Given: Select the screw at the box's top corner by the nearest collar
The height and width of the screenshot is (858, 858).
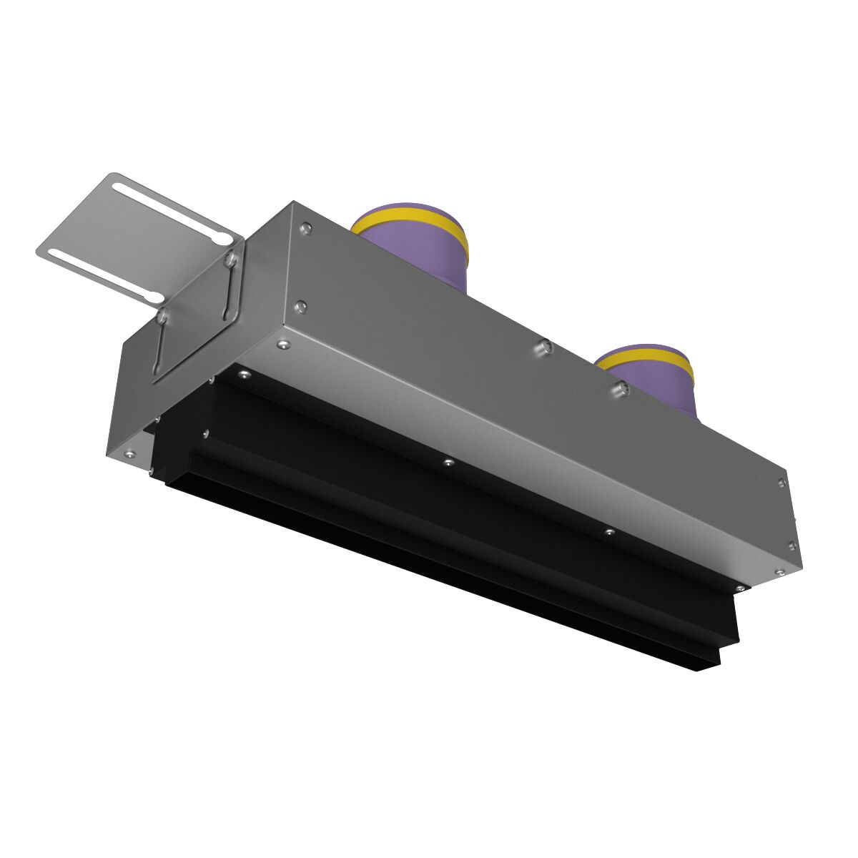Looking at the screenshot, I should pyautogui.click(x=306, y=229).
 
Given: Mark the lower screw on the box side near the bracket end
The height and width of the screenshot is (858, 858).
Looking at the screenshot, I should pyautogui.click(x=301, y=307).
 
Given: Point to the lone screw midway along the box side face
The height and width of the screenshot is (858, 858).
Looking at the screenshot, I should pyautogui.click(x=544, y=347).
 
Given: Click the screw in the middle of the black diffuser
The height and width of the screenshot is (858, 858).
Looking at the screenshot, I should pyautogui.click(x=448, y=462).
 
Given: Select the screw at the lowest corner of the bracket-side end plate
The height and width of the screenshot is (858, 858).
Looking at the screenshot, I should pyautogui.click(x=130, y=453).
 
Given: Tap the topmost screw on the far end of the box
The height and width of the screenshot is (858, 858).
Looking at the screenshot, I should pyautogui.click(x=781, y=483).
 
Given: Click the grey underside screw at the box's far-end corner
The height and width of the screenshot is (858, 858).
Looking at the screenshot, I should pyautogui.click(x=779, y=572).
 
